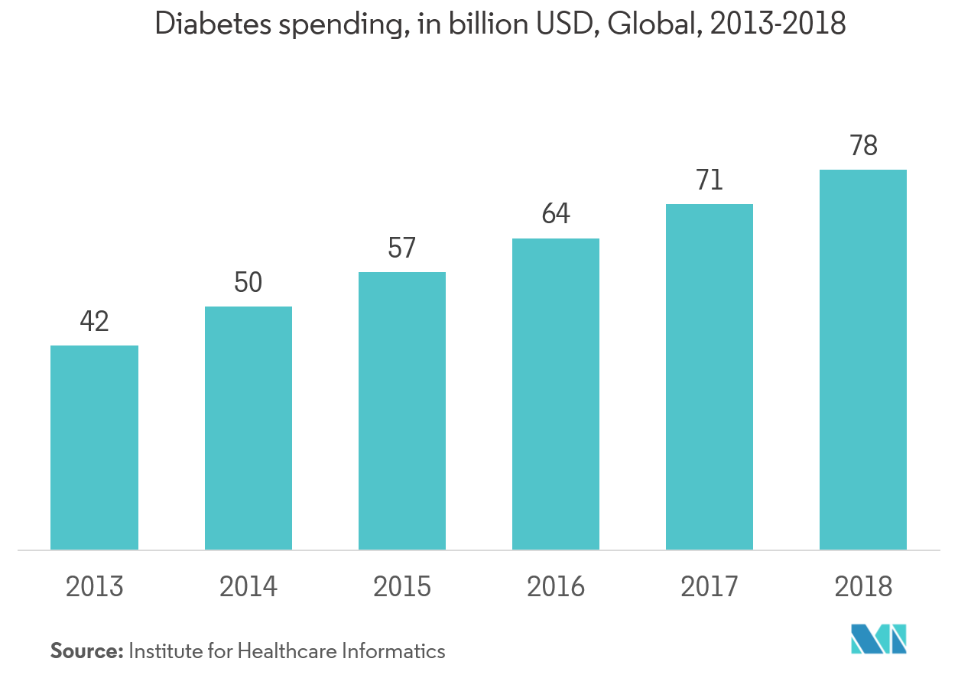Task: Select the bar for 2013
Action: pos(94,447)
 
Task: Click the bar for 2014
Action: pos(248,428)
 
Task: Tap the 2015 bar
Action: pos(401,410)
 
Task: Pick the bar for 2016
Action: pos(555,394)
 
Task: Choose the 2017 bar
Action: pos(709,376)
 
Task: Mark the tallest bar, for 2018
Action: pos(862,359)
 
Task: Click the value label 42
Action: pos(94,322)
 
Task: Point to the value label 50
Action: pos(248,284)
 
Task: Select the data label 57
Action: pos(401,249)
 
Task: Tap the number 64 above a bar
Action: pos(555,215)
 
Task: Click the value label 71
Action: pos(709,181)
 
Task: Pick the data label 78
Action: pos(862,146)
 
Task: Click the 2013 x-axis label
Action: pos(94,587)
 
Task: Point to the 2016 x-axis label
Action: pos(555,587)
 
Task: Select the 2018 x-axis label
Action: pos(862,587)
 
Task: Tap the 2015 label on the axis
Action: pos(401,587)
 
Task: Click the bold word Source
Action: pos(86,651)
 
